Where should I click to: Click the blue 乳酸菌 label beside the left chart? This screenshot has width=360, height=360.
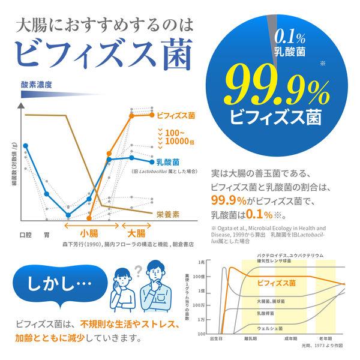(x=167, y=161)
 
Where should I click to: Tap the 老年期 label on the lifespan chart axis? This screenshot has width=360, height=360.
(x=327, y=340)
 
